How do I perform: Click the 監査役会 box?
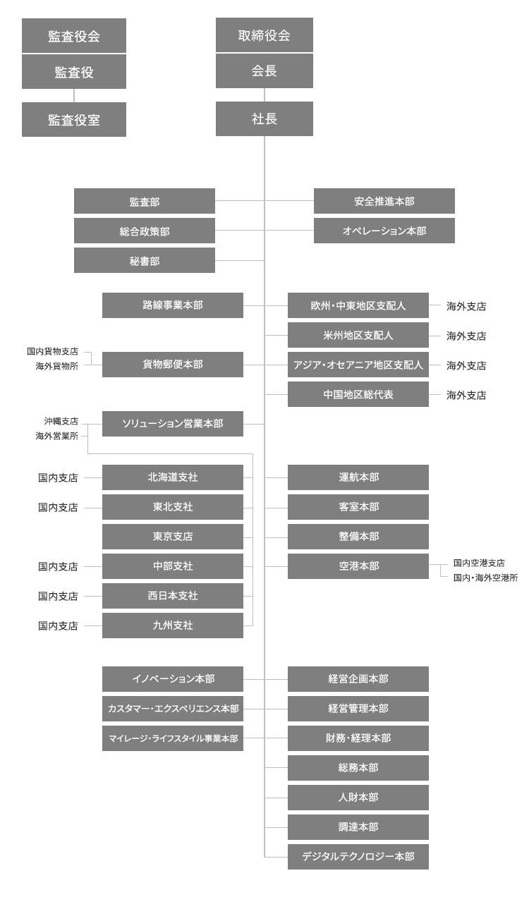(74, 36)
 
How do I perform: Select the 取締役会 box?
(264, 35)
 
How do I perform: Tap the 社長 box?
(264, 119)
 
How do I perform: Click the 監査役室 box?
(74, 119)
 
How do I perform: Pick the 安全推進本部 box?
(384, 201)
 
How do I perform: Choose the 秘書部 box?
(145, 260)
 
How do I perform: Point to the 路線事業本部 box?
(173, 305)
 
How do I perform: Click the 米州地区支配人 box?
(358, 335)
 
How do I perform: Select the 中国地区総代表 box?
(358, 394)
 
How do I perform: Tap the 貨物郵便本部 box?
(173, 365)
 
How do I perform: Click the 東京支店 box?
(173, 537)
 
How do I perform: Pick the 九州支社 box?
(173, 626)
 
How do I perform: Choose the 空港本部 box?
(358, 566)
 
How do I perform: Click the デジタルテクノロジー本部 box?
(358, 857)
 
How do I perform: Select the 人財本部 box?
(358, 798)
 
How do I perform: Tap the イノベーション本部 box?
(173, 679)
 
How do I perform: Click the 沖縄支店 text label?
(61, 421)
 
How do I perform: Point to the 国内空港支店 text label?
(479, 563)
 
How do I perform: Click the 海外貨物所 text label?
(57, 366)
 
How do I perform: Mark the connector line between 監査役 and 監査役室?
(74, 95)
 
